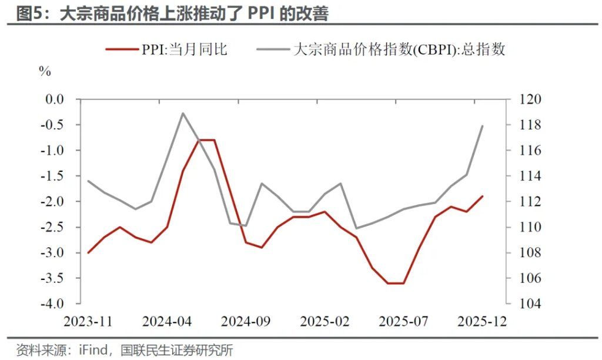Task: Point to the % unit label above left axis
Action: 45,72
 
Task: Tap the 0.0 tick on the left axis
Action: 54,99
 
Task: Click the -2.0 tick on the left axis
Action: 52,202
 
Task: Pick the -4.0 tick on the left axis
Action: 52,304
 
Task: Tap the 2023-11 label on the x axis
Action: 88,322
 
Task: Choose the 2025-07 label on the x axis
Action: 403,322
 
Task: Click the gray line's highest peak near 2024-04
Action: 183,113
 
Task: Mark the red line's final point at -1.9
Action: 483,196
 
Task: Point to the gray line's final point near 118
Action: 483,126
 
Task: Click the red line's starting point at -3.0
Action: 88,253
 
